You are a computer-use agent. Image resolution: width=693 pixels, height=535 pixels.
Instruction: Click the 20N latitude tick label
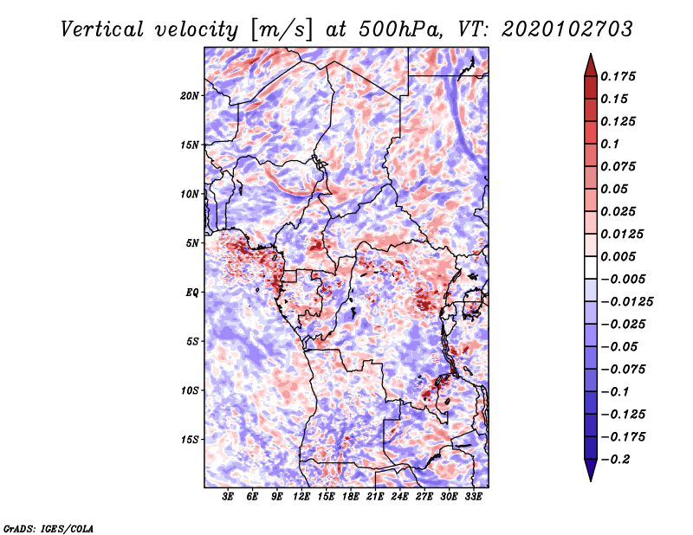click(190, 95)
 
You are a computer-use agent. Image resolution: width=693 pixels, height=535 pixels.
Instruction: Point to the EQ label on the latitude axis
click(192, 293)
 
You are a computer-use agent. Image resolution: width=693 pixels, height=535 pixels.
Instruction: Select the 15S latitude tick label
click(190, 440)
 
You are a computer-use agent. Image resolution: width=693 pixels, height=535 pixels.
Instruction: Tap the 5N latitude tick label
click(192, 243)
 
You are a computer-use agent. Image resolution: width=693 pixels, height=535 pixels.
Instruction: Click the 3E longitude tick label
click(229, 498)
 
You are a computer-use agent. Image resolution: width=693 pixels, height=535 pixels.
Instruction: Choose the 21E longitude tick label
click(375, 498)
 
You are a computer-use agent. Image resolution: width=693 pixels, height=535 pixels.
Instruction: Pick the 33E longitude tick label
click(473, 498)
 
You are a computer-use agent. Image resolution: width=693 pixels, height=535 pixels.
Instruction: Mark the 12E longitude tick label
click(301, 498)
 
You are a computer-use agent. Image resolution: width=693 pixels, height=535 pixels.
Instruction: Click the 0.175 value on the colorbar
click(620, 76)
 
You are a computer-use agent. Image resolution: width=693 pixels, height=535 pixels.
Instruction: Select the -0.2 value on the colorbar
click(619, 459)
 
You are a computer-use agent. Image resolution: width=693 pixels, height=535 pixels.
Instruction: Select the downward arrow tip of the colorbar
click(590, 479)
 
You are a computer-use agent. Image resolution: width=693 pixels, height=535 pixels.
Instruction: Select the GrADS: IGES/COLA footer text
click(48, 527)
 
